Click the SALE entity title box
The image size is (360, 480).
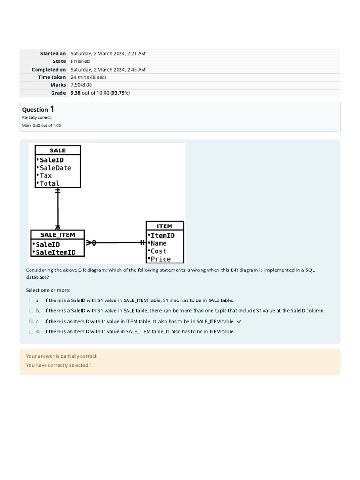point(58,150)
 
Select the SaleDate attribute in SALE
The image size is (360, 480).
point(55,168)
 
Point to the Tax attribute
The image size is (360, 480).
point(46,176)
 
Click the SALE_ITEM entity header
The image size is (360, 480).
point(58,235)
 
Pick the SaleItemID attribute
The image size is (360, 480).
point(55,252)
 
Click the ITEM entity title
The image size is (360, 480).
point(165,226)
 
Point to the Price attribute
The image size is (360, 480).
point(160,259)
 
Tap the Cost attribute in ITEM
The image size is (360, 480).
point(158,251)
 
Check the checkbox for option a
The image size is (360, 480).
point(31,300)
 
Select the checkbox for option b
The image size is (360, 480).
point(31,311)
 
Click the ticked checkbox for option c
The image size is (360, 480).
point(31,322)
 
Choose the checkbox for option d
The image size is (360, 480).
point(31,332)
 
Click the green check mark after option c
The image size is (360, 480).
point(239,321)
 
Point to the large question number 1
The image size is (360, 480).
point(52,109)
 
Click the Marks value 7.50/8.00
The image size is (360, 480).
point(81,85)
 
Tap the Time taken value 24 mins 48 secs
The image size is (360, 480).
point(89,77)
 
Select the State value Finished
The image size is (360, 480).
point(80,61)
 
